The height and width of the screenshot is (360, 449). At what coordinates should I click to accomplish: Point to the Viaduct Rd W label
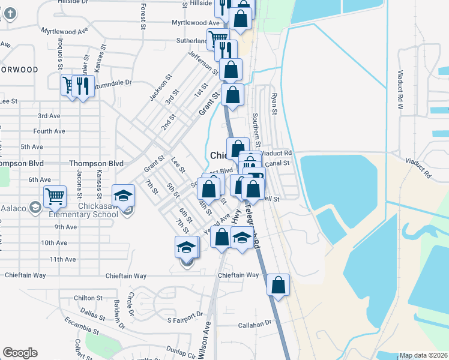[x=400, y=90]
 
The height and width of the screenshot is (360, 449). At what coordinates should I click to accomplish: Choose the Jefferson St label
[x=203, y=63]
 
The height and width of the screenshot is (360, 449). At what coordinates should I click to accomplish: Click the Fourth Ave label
[x=49, y=131]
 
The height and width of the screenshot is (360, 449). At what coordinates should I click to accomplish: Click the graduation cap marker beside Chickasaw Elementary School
[x=123, y=196]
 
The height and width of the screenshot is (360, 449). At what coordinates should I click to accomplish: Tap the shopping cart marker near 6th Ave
[x=55, y=196]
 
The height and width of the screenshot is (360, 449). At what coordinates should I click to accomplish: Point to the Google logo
[x=20, y=353]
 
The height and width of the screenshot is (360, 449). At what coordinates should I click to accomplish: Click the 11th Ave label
[x=63, y=259]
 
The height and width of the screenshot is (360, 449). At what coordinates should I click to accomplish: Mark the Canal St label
[x=277, y=163]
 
